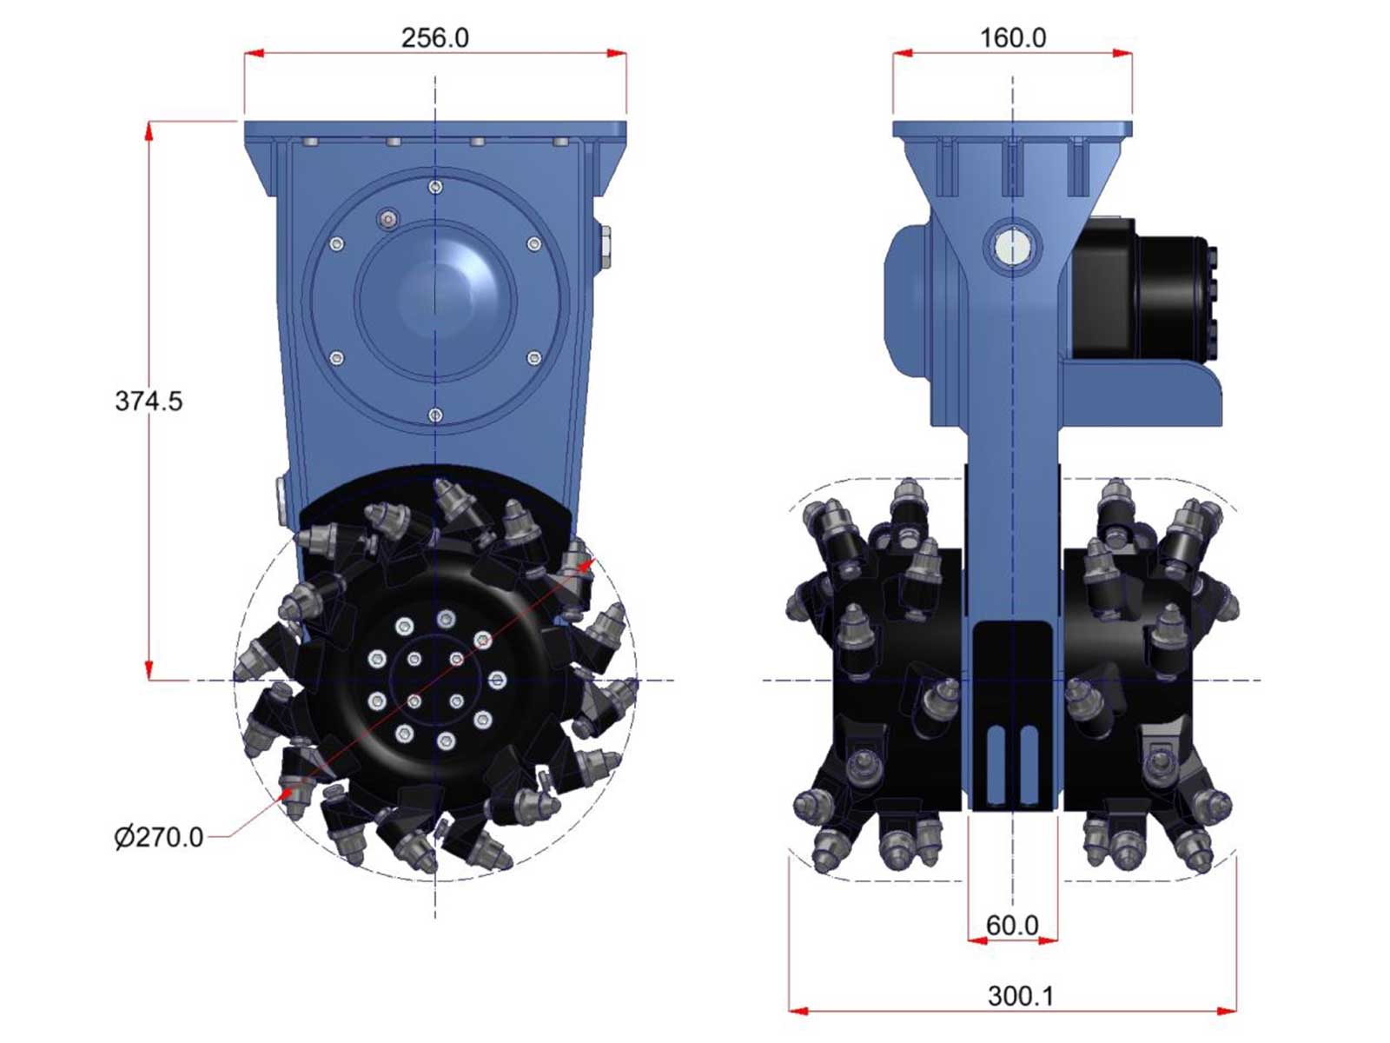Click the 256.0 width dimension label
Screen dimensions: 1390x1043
coord(435,38)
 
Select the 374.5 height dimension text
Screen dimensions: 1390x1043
coord(149,401)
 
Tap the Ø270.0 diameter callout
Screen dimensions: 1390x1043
coord(159,837)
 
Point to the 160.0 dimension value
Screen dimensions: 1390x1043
coord(1013,38)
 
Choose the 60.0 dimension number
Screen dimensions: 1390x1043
coord(1012,926)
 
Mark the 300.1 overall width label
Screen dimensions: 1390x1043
coord(1021,996)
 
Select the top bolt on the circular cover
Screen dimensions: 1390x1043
coord(435,187)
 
